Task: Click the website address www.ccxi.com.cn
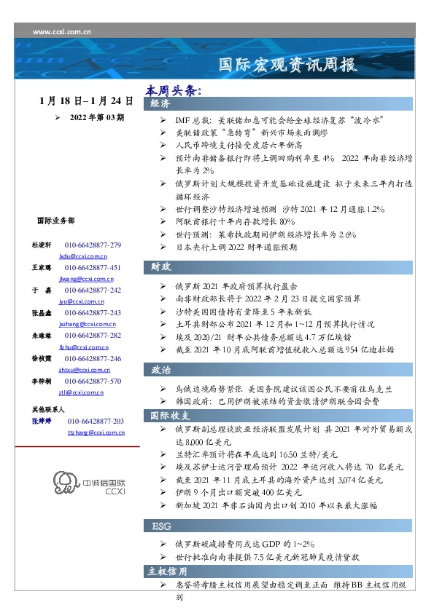point(62,32)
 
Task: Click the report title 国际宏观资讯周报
point(289,65)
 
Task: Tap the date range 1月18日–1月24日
point(86,100)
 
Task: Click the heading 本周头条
point(173,90)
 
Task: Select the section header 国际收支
point(170,416)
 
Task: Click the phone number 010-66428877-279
point(93,245)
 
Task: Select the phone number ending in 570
point(93,381)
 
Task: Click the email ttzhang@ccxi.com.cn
point(96,432)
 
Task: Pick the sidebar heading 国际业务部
point(55,220)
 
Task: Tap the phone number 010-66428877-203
point(96,422)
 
